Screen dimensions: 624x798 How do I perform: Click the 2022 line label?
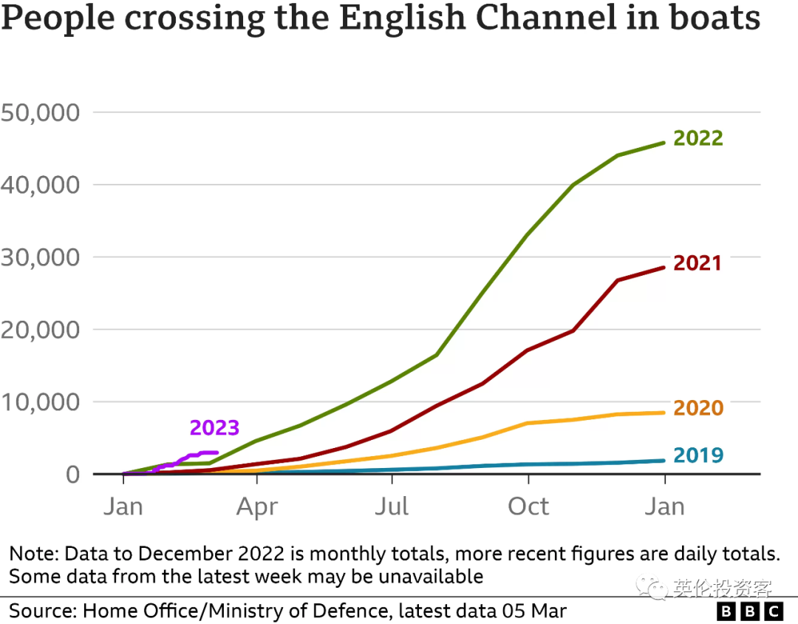pyautogui.click(x=698, y=138)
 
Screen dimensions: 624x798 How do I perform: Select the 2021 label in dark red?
pyautogui.click(x=698, y=263)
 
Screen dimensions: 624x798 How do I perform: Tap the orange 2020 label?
pyautogui.click(x=698, y=408)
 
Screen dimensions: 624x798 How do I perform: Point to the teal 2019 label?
pyautogui.click(x=698, y=455)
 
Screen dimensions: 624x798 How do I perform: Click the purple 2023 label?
pyautogui.click(x=214, y=428)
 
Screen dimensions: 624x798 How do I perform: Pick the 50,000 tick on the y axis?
pyautogui.click(x=40, y=112)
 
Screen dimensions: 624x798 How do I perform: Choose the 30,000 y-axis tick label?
pyautogui.click(x=40, y=257)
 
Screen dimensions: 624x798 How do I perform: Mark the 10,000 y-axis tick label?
pyautogui.click(x=40, y=402)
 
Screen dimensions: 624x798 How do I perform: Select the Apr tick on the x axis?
pyautogui.click(x=256, y=507)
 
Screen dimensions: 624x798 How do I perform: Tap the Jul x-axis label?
pyautogui.click(x=392, y=507)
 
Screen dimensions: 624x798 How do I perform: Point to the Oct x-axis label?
pyautogui.click(x=528, y=507)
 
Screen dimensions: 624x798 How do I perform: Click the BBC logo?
pyautogui.click(x=750, y=611)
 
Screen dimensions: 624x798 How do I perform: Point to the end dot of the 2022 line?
pyautogui.click(x=664, y=143)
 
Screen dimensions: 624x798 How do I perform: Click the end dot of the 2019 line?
pyautogui.click(x=664, y=461)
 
